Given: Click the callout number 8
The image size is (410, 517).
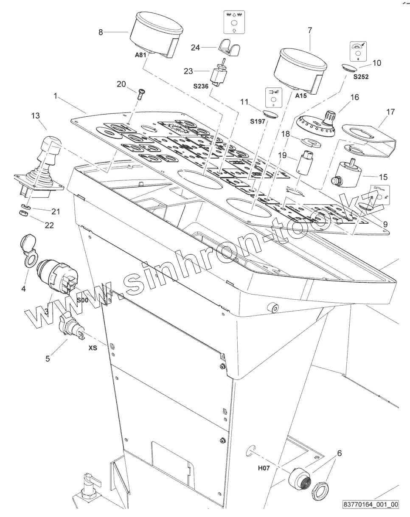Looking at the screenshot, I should (x=101, y=32).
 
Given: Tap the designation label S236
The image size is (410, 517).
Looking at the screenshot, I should (x=201, y=87).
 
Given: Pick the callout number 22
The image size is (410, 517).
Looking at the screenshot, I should (x=49, y=225).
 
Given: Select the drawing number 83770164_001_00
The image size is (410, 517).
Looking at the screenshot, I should (x=371, y=505).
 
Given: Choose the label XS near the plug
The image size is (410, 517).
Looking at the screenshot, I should (x=93, y=348).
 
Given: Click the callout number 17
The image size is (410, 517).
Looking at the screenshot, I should (x=390, y=112).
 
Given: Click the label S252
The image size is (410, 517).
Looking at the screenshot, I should (x=361, y=77).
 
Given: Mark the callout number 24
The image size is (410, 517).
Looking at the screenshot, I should (x=195, y=48).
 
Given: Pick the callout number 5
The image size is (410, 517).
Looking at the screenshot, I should (x=48, y=359).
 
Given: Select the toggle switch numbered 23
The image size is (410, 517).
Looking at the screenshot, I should (x=220, y=75).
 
